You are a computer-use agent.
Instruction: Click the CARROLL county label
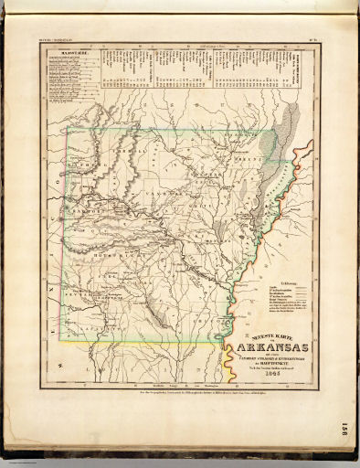[119, 151]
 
